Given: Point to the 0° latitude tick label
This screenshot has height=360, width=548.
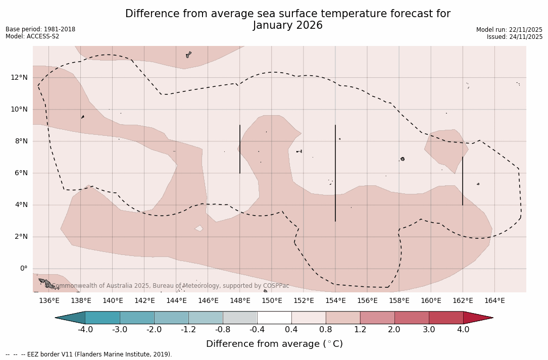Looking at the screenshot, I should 23,269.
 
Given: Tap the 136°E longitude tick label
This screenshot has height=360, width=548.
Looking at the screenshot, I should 49,301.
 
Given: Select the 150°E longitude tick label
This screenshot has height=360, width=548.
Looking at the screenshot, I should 272,301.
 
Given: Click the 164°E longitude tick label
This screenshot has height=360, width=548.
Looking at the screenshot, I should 494,301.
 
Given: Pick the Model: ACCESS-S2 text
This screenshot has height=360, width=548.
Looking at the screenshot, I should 32,36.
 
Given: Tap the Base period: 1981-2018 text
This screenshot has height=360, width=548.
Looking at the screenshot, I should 40,29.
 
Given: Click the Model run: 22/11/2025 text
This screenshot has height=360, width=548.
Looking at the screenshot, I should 509,30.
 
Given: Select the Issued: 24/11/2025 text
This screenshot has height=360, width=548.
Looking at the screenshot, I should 515,37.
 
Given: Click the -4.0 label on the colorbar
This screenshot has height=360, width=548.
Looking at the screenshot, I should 85,330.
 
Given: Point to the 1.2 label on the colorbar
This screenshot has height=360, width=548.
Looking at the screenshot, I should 360,330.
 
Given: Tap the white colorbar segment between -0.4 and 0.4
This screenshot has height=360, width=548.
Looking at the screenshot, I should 274,318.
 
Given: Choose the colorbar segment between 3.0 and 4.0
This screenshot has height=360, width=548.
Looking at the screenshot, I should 446,318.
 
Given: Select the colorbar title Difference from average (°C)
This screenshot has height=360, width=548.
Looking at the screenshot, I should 274,344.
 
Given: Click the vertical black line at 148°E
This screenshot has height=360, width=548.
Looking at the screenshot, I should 240,149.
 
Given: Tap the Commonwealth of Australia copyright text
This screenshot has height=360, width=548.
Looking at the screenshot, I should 170,286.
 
